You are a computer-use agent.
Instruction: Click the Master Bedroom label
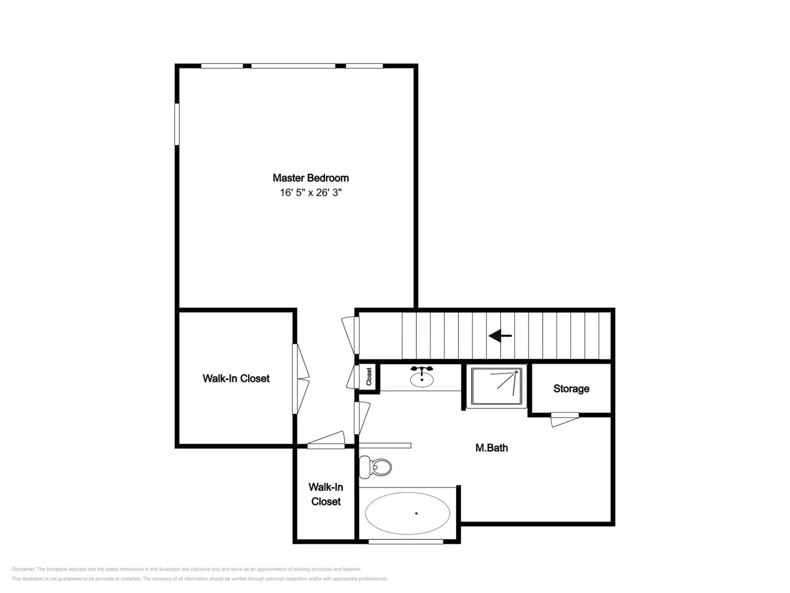tap(310, 178)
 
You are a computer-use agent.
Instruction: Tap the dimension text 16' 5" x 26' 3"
tap(310, 193)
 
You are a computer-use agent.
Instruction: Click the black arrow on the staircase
tap(500, 336)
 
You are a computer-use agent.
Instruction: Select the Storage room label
tap(571, 388)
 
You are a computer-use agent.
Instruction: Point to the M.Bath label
tap(491, 448)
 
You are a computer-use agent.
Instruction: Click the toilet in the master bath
tap(375, 467)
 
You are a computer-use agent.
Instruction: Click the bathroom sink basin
tap(422, 380)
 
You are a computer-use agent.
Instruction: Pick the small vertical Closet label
tap(369, 376)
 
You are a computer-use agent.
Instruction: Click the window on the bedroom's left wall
tap(177, 124)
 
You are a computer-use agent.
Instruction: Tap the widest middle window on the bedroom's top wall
tap(293, 66)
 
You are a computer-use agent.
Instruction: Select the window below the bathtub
tap(406, 542)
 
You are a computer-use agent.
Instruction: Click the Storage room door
tap(565, 419)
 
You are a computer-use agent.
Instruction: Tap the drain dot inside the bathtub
tap(416, 513)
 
